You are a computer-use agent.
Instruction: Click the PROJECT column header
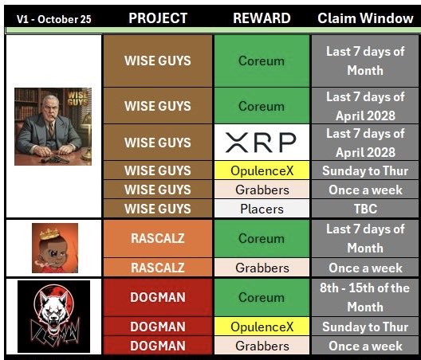pos(158,18)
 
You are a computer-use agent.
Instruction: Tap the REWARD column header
pos(262,18)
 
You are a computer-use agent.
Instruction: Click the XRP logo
pos(262,143)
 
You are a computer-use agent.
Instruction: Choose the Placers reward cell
pos(262,209)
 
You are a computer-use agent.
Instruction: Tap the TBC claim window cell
pos(365,209)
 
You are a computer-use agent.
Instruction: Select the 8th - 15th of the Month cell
pos(365,297)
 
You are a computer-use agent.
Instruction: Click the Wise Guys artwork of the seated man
pos(53,126)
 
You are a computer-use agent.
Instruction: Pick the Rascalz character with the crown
pos(54,248)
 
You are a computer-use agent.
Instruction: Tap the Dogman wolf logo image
pos(53,316)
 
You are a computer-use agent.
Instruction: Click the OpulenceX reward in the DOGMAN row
pos(262,327)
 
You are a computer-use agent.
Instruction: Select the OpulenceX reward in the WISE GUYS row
pos(262,170)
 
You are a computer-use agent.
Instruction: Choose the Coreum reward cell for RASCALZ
pos(262,238)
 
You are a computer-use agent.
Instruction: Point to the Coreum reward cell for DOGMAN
pos(262,297)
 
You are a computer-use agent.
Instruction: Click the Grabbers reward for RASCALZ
pos(262,268)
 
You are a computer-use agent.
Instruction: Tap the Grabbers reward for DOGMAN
pos(262,346)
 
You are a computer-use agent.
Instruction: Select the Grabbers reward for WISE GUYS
pos(262,190)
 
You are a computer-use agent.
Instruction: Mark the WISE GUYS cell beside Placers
pos(157,209)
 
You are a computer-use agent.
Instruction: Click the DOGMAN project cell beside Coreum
pos(157,297)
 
